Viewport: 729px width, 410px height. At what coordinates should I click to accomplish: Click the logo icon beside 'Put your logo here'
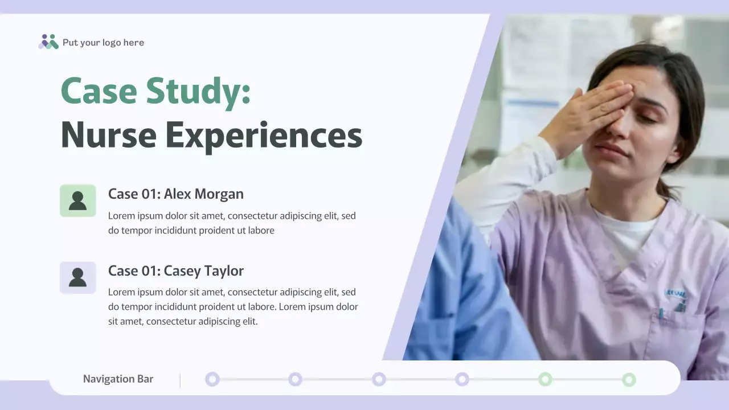tap(48, 42)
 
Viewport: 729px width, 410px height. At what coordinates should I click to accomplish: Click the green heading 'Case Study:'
tap(155, 91)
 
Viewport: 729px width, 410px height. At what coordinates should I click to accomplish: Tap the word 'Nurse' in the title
tap(108, 136)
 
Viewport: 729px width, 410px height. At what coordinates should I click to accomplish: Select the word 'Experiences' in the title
tap(264, 136)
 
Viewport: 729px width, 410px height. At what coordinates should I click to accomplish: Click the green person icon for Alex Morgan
tap(77, 200)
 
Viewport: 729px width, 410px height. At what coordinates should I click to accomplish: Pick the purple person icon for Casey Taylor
tap(77, 277)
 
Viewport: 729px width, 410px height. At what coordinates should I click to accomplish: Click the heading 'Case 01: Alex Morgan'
tap(176, 194)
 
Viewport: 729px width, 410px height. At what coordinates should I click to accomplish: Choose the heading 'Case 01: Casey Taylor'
tap(176, 271)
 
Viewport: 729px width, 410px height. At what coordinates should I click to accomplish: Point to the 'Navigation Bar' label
tap(118, 379)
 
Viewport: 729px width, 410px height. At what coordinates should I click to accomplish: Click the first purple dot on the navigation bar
tap(212, 379)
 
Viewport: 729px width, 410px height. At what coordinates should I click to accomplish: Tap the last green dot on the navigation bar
tap(629, 379)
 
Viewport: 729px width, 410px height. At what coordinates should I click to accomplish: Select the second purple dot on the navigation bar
tap(295, 379)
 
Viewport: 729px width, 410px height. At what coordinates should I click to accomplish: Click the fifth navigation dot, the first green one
tap(545, 379)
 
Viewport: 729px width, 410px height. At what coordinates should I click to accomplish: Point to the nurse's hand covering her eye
tap(592, 111)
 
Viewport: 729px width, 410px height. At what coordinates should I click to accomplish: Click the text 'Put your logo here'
tap(103, 43)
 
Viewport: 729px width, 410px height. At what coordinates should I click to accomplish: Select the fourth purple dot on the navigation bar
tap(462, 379)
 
